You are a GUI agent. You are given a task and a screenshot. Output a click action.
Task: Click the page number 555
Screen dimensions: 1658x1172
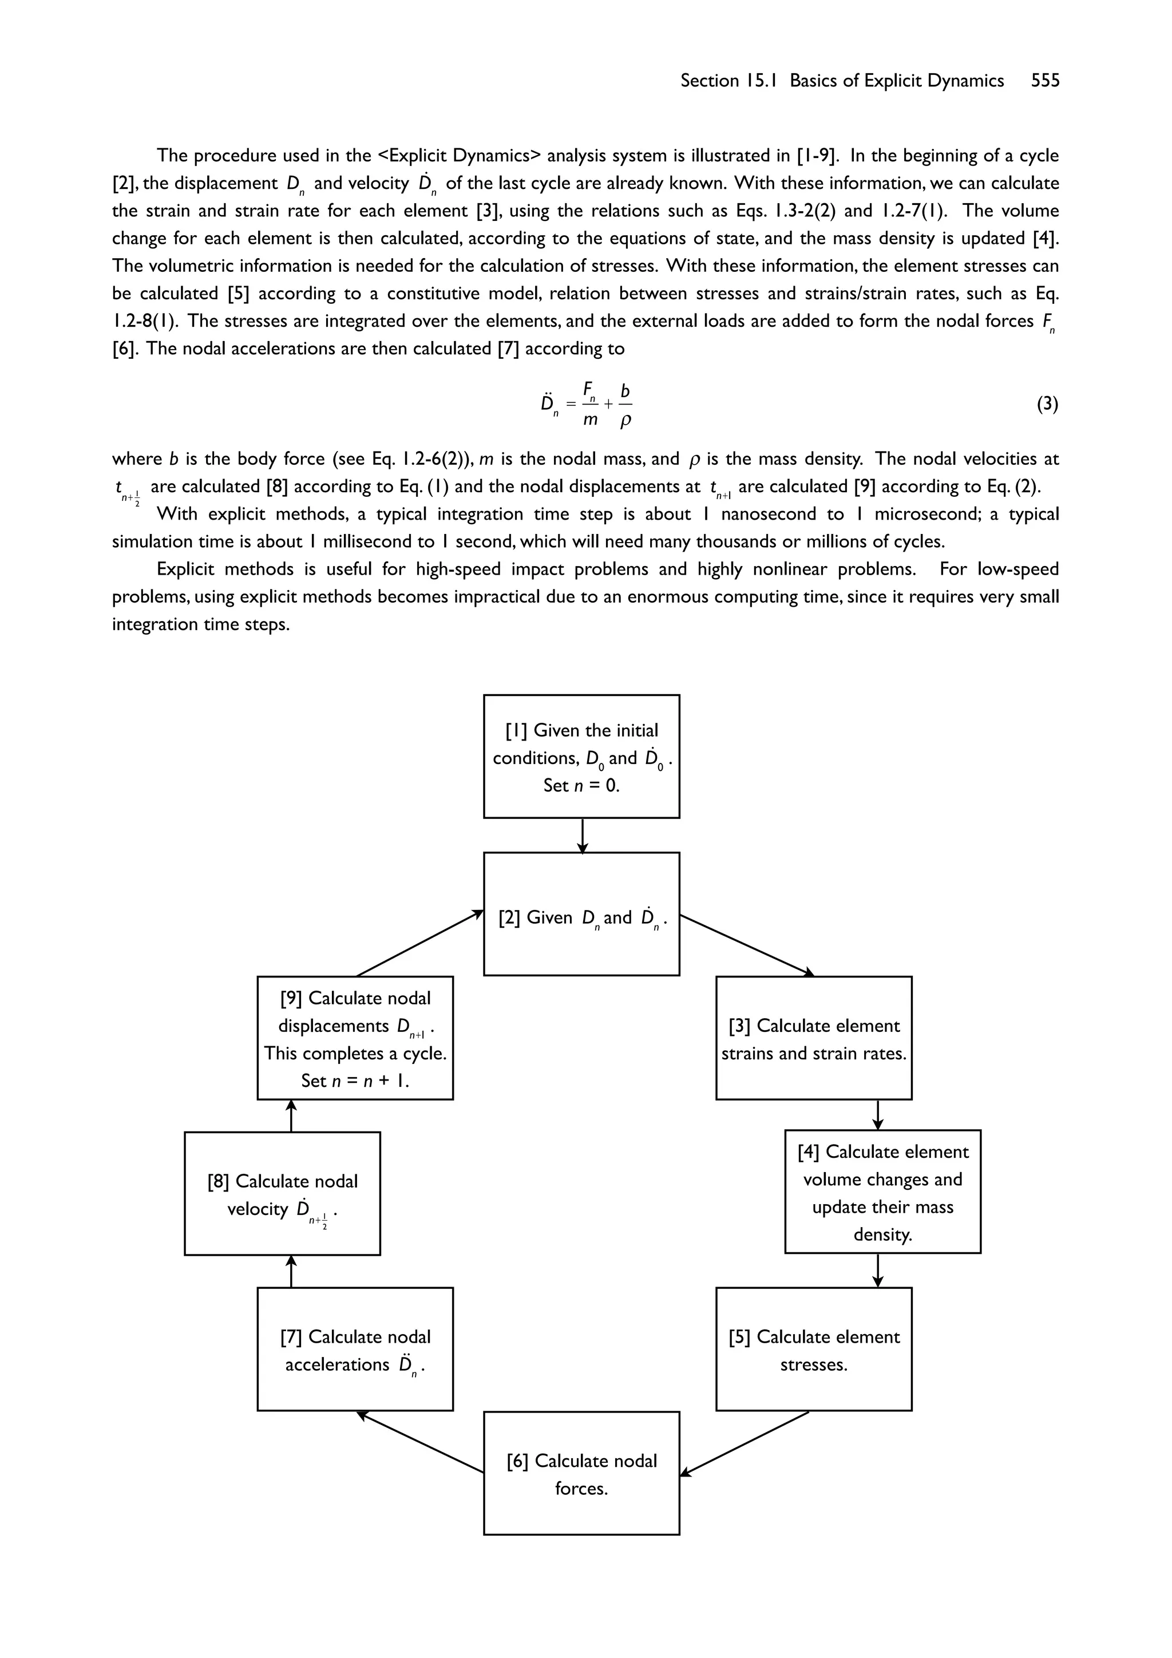pos(1045,81)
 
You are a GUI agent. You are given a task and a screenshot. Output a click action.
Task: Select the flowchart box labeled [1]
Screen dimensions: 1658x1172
pos(581,756)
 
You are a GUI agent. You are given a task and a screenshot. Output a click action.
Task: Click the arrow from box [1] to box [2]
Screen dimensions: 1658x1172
pos(582,835)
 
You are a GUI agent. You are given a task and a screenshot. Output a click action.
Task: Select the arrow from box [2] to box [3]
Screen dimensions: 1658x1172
pos(747,945)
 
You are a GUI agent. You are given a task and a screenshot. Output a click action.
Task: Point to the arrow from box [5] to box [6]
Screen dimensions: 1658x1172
pos(745,1443)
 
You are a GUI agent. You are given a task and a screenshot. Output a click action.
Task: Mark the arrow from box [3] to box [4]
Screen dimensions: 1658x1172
pos(877,1114)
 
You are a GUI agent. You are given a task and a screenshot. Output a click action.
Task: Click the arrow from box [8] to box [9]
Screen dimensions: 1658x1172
pos(291,1115)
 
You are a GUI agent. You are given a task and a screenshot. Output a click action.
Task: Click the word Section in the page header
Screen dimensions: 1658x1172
pos(709,81)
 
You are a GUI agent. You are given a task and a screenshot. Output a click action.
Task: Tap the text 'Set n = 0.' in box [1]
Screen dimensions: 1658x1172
pos(581,785)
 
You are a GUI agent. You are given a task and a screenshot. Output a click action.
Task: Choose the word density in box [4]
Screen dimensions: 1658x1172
pos(882,1235)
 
